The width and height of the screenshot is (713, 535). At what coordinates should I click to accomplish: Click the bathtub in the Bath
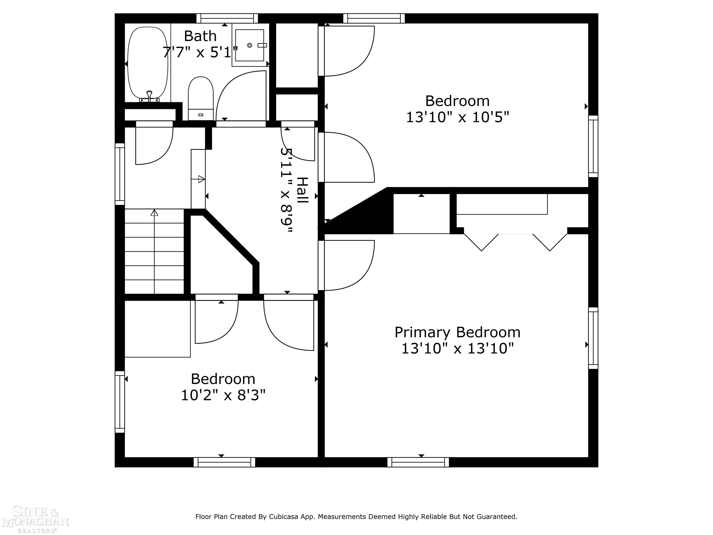pos(148,63)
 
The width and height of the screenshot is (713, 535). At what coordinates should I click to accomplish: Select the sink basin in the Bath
pos(250,45)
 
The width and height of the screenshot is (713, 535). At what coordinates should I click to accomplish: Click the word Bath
pos(200,36)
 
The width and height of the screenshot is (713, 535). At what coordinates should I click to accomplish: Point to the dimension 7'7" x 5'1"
pos(200,52)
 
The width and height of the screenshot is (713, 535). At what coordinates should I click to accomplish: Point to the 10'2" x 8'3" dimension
pos(223,395)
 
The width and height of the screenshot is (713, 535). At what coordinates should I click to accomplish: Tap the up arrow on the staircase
pos(154,213)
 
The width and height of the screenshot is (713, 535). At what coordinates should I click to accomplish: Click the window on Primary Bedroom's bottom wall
pos(418,462)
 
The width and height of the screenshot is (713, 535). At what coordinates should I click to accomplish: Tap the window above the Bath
pos(227,18)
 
